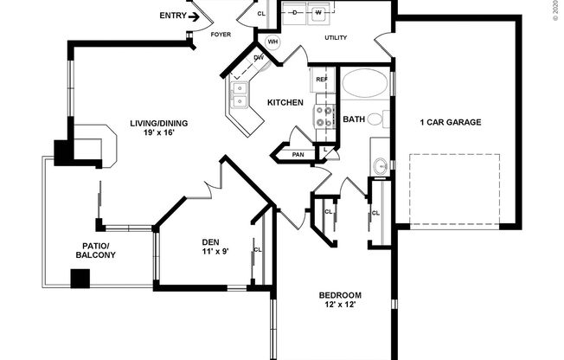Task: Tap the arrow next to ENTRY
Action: click(195, 16)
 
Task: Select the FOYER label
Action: click(222, 35)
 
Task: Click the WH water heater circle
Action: click(272, 42)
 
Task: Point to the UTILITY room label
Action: click(336, 38)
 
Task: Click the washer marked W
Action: click(318, 14)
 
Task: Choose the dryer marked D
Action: click(295, 14)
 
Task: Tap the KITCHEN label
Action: click(285, 103)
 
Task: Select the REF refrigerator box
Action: click(322, 80)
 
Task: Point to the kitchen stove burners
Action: click(324, 117)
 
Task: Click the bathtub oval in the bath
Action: click(366, 85)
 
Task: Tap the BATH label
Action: click(354, 119)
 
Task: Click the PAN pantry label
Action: click(298, 155)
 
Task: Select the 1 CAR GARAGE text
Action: click(451, 122)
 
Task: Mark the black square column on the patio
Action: click(80, 279)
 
